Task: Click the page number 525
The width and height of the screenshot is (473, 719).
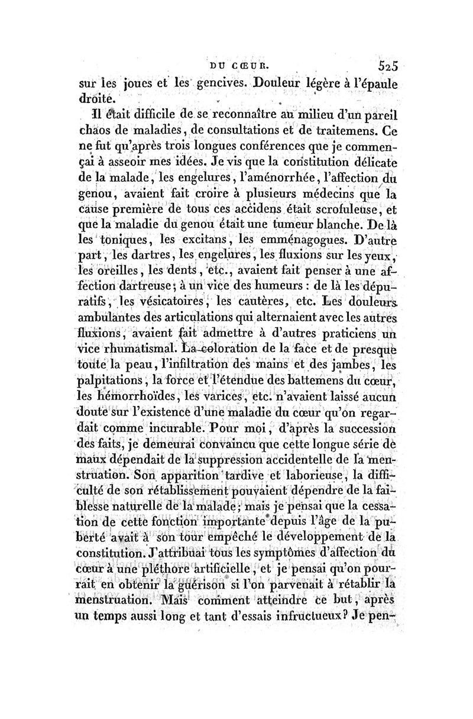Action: click(384, 66)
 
